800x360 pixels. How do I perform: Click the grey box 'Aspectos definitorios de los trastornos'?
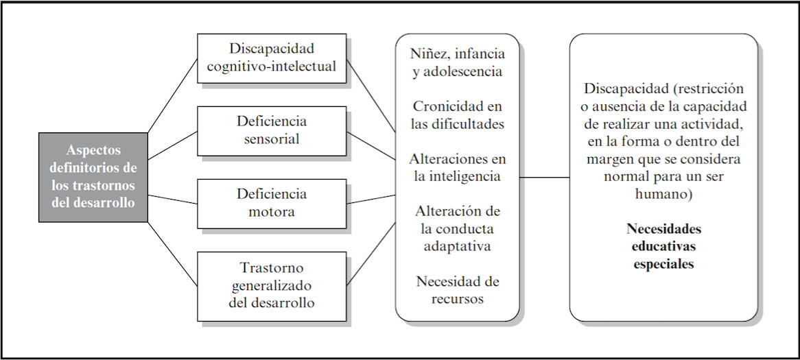click(x=93, y=177)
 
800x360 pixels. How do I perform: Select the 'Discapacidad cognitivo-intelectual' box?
click(x=272, y=58)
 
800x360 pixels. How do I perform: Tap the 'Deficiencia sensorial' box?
click(x=272, y=131)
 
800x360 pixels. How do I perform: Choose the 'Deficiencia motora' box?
click(x=272, y=204)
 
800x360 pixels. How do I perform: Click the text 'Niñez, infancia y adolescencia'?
click(x=458, y=62)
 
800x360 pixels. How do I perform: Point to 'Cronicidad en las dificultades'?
click(x=458, y=115)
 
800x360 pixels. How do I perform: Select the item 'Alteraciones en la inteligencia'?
click(x=458, y=168)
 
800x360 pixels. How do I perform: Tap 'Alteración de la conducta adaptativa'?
click(x=458, y=228)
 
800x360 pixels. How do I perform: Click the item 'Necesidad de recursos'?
click(x=458, y=289)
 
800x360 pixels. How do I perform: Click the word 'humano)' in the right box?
click(x=663, y=195)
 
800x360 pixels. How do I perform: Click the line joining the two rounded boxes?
click(x=544, y=178)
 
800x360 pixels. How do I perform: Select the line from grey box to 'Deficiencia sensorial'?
click(x=172, y=145)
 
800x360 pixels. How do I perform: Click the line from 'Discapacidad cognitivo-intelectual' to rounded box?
click(x=371, y=97)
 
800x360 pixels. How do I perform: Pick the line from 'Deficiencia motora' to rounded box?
click(x=371, y=200)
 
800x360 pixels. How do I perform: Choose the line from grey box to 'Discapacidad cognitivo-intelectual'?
click(x=172, y=95)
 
